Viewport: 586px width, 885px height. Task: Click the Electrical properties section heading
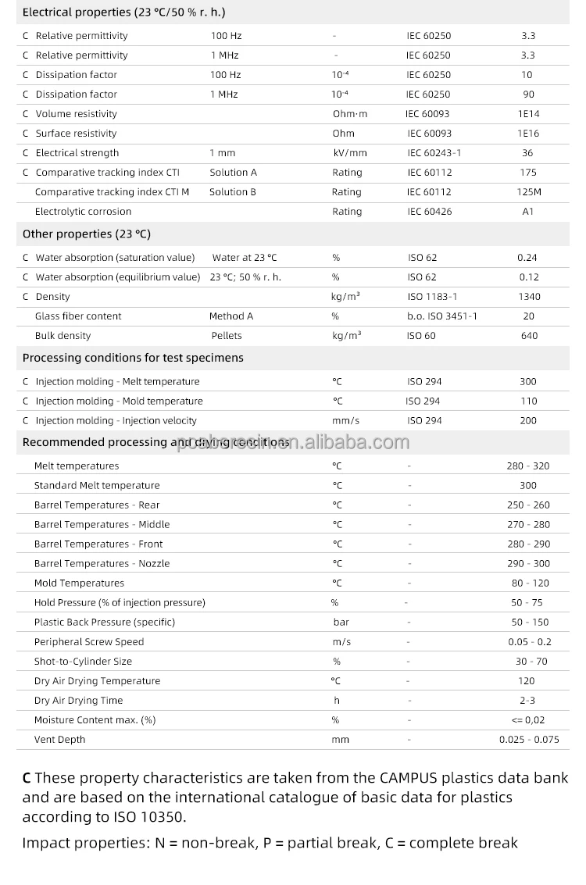click(x=124, y=12)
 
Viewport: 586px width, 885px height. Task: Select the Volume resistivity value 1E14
click(x=528, y=114)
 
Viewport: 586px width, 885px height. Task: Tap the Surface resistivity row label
click(x=76, y=134)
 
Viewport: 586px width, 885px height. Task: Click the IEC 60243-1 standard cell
click(x=434, y=153)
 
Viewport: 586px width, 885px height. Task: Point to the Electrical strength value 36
click(x=528, y=153)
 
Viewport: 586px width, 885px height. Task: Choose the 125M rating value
click(x=528, y=192)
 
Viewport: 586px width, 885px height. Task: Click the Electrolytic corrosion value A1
click(x=528, y=212)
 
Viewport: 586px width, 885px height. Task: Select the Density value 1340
click(x=528, y=297)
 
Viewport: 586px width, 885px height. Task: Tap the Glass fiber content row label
click(x=78, y=316)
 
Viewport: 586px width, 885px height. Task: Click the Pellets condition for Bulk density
click(x=227, y=336)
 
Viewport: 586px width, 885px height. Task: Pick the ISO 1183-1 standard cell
click(x=432, y=297)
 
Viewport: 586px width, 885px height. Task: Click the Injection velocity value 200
click(x=528, y=421)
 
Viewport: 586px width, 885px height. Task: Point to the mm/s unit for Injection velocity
click(x=346, y=421)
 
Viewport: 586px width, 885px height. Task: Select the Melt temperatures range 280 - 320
click(x=528, y=466)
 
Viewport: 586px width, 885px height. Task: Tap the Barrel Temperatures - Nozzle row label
click(x=102, y=564)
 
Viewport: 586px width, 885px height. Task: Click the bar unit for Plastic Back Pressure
click(x=341, y=623)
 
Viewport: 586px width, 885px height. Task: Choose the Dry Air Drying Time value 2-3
click(x=528, y=701)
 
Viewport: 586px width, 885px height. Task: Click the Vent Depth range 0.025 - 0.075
click(x=529, y=740)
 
